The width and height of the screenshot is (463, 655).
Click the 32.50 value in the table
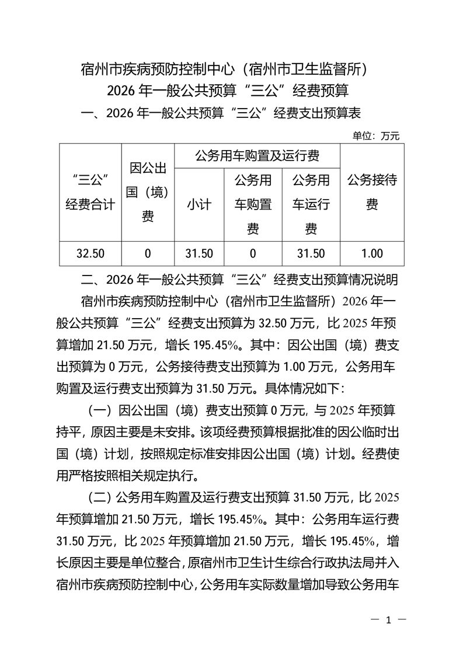coord(90,253)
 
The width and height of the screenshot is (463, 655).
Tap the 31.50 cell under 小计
coord(199,253)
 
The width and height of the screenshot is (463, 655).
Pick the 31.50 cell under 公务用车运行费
coord(311,253)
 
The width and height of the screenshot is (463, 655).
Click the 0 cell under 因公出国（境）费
coord(148,253)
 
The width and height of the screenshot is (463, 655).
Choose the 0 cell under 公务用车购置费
coord(253,253)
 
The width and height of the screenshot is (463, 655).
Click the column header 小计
coord(199,204)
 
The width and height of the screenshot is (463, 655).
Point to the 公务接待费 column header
coord(372,192)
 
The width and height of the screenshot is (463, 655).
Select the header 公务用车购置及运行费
coord(257,156)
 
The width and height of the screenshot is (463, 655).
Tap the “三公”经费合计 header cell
coord(90,192)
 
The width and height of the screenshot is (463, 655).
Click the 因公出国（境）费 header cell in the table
coord(148,192)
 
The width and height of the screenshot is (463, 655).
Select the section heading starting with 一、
coord(223,113)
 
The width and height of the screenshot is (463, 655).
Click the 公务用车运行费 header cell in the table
coord(311,204)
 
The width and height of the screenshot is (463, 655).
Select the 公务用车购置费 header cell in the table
coord(253,204)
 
